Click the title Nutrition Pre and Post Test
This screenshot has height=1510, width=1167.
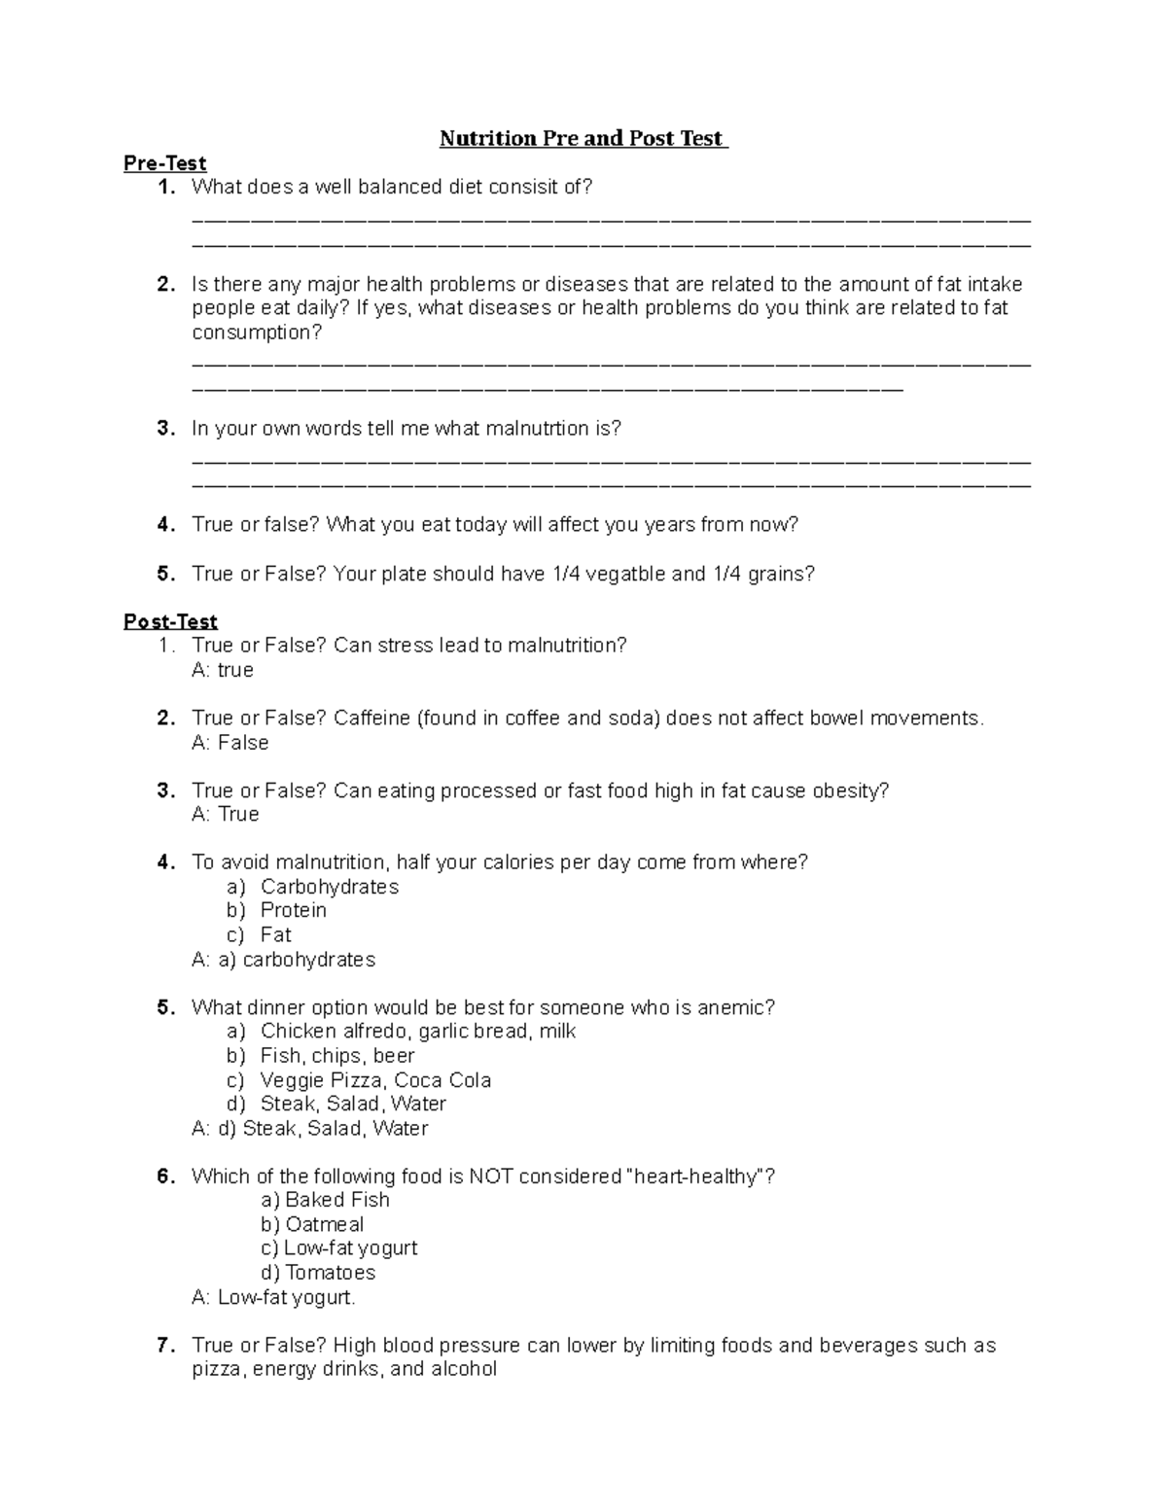(x=583, y=138)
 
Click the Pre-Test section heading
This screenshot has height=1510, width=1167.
(x=164, y=163)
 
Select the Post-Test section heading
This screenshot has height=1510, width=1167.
(x=170, y=621)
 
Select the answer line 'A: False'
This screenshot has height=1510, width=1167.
(x=230, y=743)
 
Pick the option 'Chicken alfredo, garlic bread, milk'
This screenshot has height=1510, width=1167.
(x=418, y=1032)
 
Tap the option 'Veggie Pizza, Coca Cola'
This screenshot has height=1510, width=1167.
(x=375, y=1080)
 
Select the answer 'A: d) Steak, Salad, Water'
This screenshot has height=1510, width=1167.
(x=310, y=1129)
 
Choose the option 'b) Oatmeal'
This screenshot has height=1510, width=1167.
(x=312, y=1225)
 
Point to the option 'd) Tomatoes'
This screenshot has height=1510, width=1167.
(x=318, y=1273)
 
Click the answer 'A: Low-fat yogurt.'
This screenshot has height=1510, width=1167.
(x=274, y=1297)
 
